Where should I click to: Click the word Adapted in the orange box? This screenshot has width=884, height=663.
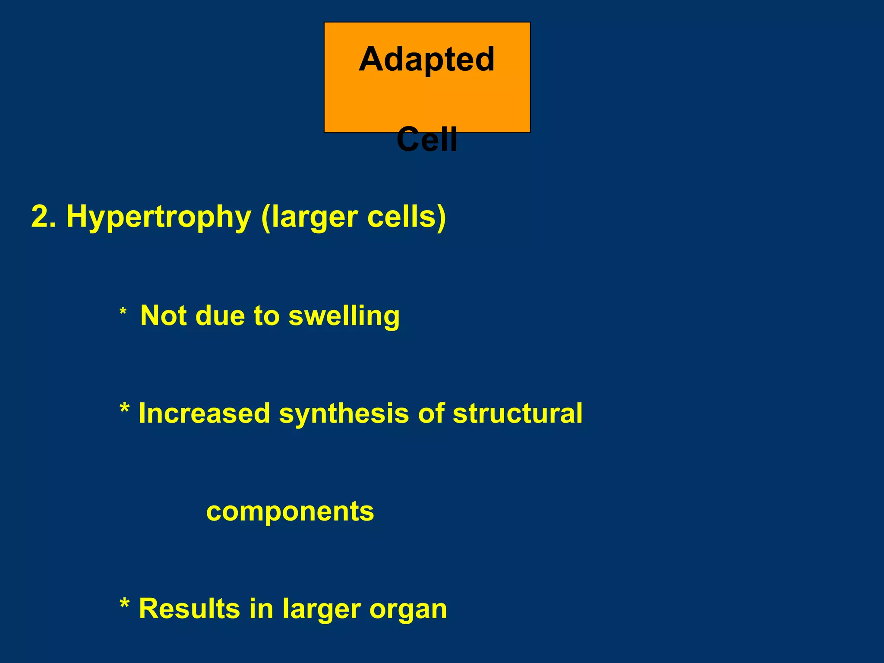426,60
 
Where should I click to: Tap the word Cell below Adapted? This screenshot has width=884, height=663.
426,139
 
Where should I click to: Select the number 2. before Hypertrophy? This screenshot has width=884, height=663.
44,216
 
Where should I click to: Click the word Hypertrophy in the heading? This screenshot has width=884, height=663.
158,217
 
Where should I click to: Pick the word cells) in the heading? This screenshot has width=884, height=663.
406,216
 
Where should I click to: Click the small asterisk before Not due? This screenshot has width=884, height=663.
123,312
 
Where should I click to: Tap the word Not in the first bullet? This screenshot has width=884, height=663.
164,316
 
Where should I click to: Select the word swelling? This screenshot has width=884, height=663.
344,316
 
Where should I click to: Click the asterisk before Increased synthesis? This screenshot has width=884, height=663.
124,408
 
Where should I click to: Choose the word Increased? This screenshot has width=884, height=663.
204,414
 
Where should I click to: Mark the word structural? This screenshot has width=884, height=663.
518,414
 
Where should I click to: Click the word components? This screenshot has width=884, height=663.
290,512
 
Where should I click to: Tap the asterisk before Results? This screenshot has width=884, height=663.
124,603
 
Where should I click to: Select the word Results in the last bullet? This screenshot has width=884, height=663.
189,609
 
